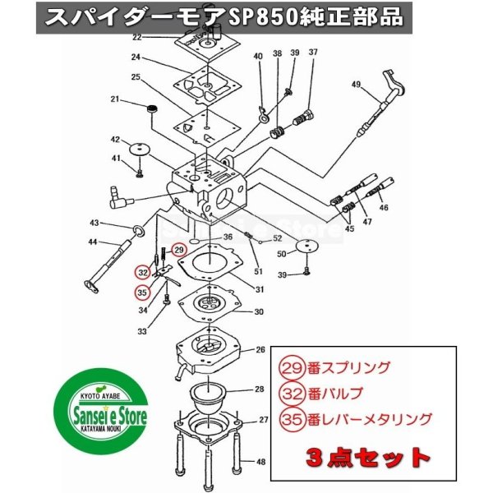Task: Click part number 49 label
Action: click(356, 85)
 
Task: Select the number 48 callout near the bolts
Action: click(261, 462)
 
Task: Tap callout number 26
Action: click(260, 349)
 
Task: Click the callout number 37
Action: click(312, 53)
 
